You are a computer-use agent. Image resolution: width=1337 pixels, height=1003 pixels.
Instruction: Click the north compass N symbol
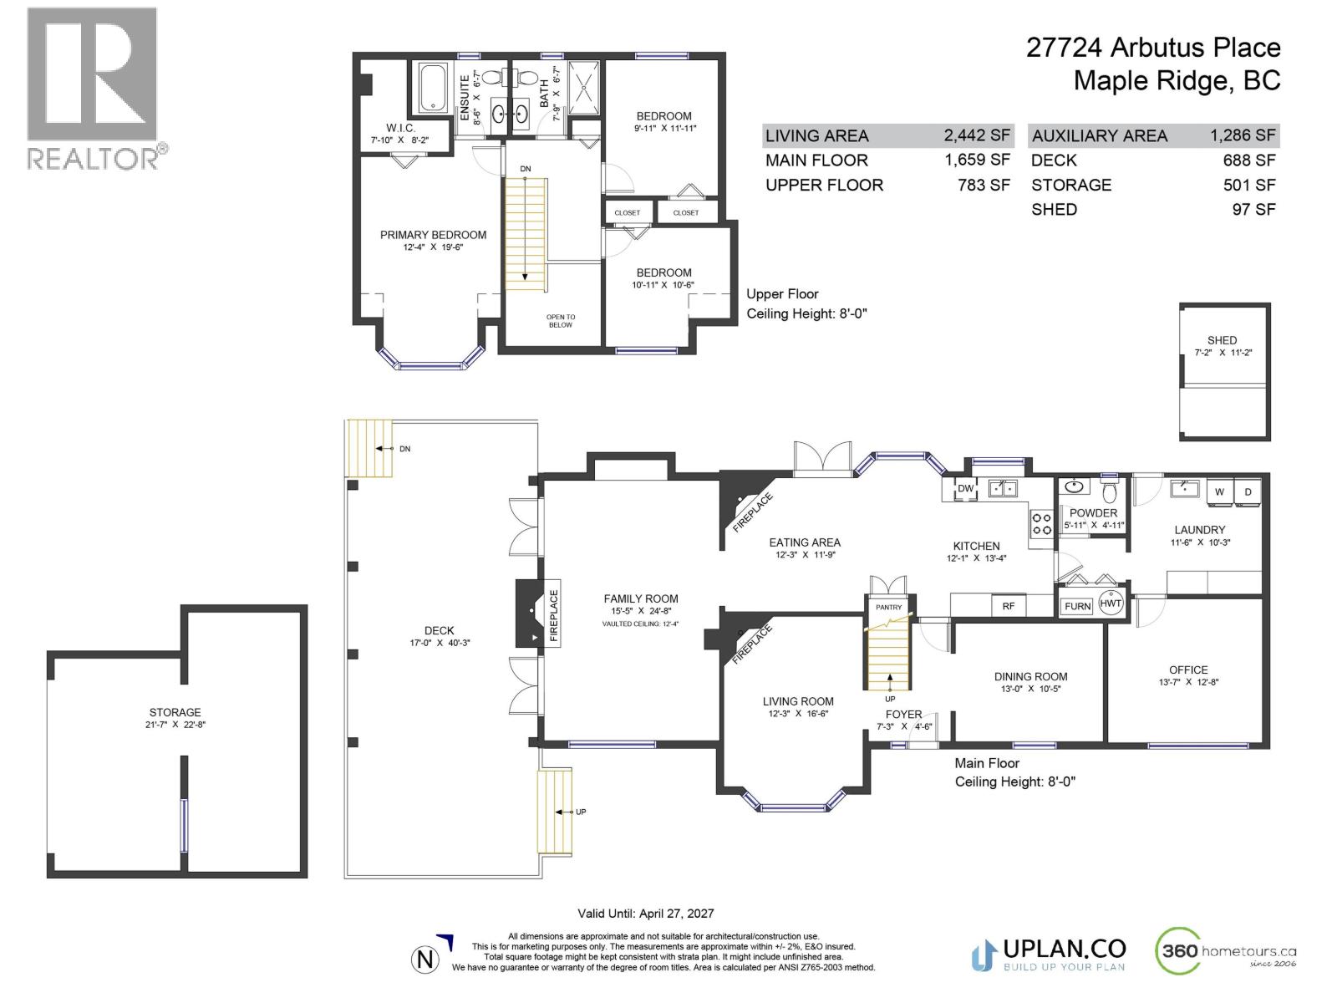point(425,960)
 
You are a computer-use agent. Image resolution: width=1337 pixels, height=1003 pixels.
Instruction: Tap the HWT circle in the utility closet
point(1111,603)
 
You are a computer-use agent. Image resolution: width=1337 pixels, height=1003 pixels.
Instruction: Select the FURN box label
point(1077,606)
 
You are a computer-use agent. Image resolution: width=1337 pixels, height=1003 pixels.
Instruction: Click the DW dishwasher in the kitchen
point(965,489)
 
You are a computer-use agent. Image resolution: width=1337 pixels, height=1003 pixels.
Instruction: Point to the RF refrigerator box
point(1009,606)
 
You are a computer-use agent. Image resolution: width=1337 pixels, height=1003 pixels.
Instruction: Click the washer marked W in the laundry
point(1219,492)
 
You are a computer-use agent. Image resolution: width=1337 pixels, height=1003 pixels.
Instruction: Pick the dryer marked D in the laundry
point(1248,492)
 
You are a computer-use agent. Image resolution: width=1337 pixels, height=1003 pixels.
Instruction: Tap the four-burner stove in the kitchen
point(1041,524)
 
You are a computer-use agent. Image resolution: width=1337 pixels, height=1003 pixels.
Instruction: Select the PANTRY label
point(889,608)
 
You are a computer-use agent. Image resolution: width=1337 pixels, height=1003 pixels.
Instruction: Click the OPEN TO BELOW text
point(561,321)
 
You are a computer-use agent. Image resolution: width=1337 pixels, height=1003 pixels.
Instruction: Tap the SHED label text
point(1222,340)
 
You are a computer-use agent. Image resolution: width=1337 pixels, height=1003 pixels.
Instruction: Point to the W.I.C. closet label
point(400,128)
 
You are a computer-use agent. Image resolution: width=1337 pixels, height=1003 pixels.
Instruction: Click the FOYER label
point(903,715)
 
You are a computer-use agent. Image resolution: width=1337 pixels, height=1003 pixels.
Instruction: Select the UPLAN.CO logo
point(1049,952)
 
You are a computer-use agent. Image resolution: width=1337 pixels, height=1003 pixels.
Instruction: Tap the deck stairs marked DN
point(369,448)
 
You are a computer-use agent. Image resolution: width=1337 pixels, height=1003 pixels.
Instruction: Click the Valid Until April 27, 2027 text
point(646,914)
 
